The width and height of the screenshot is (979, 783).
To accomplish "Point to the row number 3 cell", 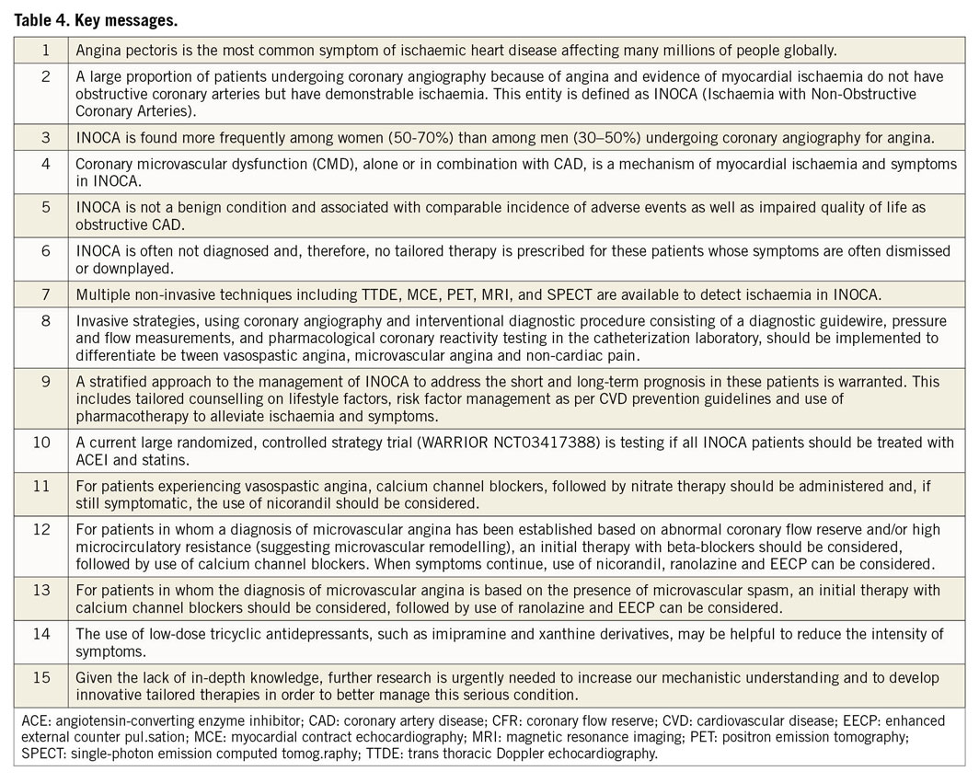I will [x=45, y=137].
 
